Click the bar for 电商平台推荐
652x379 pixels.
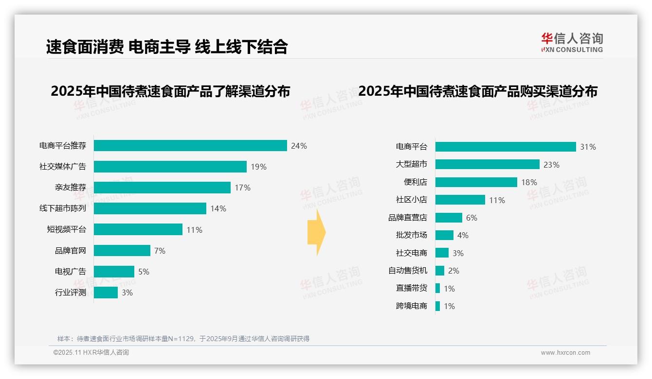[x=190, y=146]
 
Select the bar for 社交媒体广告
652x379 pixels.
[x=170, y=167]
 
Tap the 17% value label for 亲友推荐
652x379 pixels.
[x=242, y=188]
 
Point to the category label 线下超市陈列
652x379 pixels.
[x=63, y=208]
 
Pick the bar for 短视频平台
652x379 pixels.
[x=138, y=229]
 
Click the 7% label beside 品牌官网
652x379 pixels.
[x=160, y=251]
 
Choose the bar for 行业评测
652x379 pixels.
[x=106, y=293]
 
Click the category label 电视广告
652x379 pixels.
[x=71, y=272]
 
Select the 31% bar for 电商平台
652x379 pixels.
[x=506, y=147]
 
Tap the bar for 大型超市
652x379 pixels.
[x=487, y=164]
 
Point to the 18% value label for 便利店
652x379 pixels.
[x=529, y=182]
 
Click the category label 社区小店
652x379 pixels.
[x=412, y=200]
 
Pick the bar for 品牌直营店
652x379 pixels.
[x=449, y=218]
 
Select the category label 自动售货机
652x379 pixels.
[x=408, y=271]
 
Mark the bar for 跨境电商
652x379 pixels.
[x=437, y=306]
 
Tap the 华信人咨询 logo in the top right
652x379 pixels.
[x=572, y=42]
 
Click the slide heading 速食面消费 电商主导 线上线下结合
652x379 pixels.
[x=167, y=47]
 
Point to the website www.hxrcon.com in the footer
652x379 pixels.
[x=565, y=353]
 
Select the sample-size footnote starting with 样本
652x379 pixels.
[x=183, y=339]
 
